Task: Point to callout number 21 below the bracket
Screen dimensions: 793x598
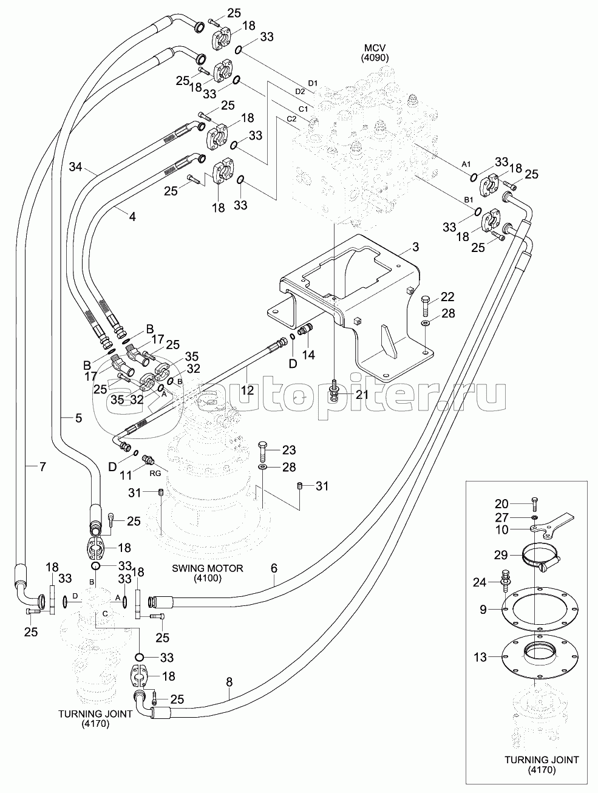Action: [362, 395]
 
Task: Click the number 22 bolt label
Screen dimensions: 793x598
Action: [447, 296]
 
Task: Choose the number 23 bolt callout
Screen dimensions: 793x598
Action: [289, 450]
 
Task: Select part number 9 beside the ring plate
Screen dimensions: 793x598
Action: [483, 609]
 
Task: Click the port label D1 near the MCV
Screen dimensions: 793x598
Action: [313, 82]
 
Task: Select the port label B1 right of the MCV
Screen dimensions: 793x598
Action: [468, 199]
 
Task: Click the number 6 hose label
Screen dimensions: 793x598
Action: [274, 569]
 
